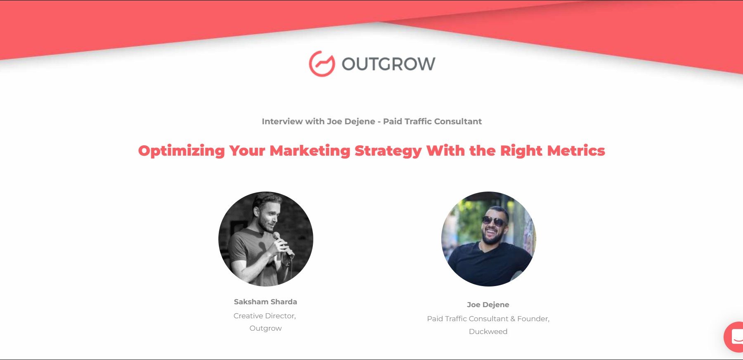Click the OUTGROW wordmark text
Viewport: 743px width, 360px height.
(x=388, y=64)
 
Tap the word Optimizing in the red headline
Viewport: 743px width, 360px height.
(x=181, y=151)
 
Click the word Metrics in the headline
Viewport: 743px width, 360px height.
(x=576, y=151)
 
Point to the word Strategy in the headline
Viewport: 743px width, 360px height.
(x=388, y=151)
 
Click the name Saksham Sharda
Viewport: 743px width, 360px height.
(x=265, y=302)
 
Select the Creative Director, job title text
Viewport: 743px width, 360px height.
(x=265, y=316)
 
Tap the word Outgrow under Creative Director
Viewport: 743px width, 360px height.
(x=265, y=328)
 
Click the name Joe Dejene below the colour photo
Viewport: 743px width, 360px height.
(x=488, y=305)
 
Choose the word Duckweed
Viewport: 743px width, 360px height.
(x=488, y=332)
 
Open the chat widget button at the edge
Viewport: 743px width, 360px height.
(x=734, y=337)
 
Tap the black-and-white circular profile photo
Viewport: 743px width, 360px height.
(x=266, y=239)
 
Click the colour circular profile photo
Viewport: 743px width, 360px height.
(x=489, y=239)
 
